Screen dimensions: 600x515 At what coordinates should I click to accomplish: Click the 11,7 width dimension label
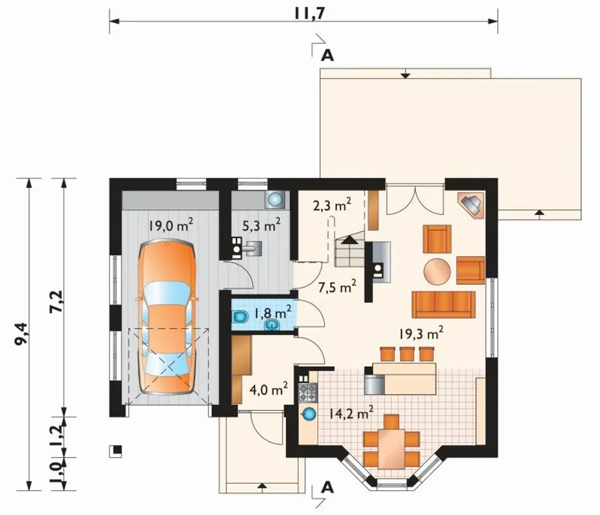[x=309, y=13]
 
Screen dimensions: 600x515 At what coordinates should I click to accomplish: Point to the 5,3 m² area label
[x=261, y=225]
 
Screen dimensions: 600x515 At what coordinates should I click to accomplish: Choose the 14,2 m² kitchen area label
[x=351, y=413]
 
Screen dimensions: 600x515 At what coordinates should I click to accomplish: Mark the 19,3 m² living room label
[x=421, y=334]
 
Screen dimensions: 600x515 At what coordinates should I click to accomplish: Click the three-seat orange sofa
[x=443, y=305]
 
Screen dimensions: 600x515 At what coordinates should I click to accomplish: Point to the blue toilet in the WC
[x=240, y=316]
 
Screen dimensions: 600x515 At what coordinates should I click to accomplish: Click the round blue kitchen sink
[x=308, y=414]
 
